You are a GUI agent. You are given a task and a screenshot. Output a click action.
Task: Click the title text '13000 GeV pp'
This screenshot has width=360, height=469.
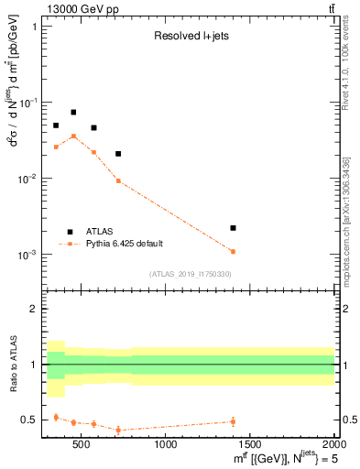point(74,8)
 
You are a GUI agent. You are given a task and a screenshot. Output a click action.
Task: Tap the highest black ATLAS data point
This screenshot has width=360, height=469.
point(73,113)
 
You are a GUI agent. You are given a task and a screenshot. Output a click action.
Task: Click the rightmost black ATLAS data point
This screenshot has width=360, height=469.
point(233,227)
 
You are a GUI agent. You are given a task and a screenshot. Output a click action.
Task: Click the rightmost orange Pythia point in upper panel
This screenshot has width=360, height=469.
point(233,251)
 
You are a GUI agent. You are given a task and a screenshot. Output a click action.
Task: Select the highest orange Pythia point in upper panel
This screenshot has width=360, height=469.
point(73,136)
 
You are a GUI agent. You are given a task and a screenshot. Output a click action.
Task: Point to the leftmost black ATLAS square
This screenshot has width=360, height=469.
point(56,125)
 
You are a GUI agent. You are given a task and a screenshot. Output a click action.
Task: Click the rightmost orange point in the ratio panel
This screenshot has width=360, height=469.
point(233,421)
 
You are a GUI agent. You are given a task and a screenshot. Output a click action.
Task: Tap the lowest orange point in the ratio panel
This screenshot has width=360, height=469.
point(118,430)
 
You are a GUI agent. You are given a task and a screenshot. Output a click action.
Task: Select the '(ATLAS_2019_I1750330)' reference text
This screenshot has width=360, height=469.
point(191,274)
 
